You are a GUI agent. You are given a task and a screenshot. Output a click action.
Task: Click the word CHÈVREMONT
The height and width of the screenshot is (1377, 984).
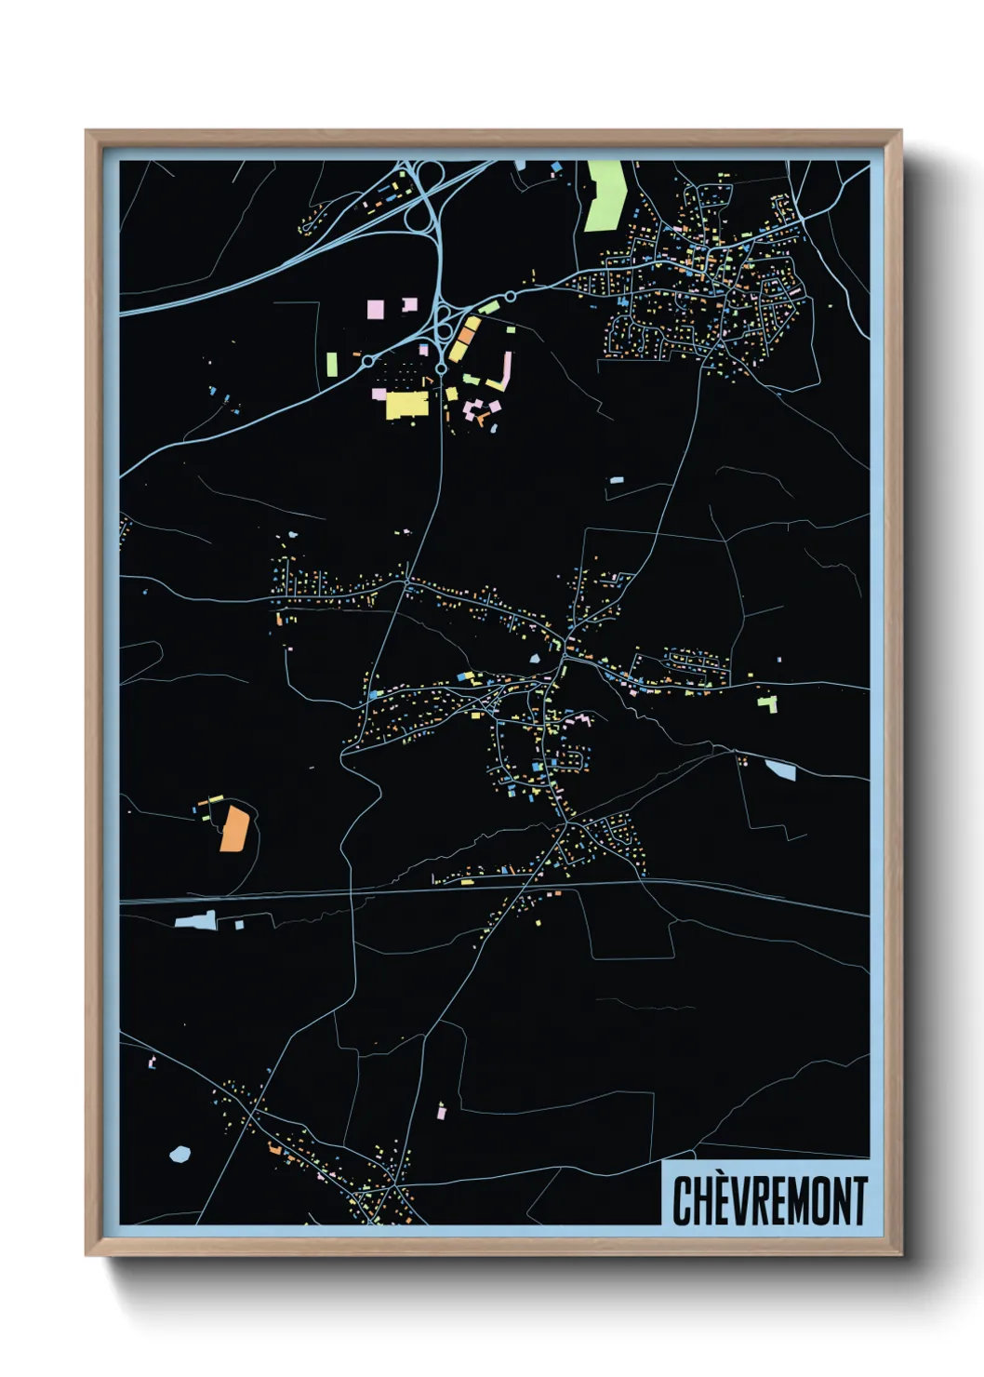(769, 1200)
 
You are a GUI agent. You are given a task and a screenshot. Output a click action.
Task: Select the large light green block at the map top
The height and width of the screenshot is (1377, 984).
(605, 195)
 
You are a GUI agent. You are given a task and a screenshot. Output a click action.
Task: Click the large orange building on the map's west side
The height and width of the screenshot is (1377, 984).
(233, 829)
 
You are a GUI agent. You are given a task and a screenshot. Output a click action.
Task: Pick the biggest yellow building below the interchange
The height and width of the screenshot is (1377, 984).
(406, 405)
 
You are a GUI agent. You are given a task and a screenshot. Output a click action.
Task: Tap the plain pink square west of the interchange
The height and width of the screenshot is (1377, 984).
(375, 309)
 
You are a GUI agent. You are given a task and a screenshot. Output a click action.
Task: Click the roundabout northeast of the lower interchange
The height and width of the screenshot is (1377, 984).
(510, 297)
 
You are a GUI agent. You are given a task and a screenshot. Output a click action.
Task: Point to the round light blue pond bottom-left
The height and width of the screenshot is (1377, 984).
(180, 1154)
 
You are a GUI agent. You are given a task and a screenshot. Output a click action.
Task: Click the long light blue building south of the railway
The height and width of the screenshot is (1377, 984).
(195, 921)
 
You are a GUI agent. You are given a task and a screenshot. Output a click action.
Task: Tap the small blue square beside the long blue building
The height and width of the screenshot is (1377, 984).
(239, 924)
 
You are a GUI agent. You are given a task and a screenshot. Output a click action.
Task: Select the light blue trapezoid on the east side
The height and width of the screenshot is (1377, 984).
(780, 769)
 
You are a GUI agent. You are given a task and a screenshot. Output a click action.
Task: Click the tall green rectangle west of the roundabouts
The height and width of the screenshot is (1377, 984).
(332, 364)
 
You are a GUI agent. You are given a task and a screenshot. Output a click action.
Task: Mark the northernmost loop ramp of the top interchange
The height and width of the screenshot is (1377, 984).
(431, 174)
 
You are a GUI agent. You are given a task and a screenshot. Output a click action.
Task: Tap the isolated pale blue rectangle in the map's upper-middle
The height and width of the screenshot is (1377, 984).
(616, 480)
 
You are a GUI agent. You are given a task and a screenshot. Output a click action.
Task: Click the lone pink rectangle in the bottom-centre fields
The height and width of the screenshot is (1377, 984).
(441, 1110)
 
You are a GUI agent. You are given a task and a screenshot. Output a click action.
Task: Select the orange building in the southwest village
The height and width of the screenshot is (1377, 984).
(274, 1150)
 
